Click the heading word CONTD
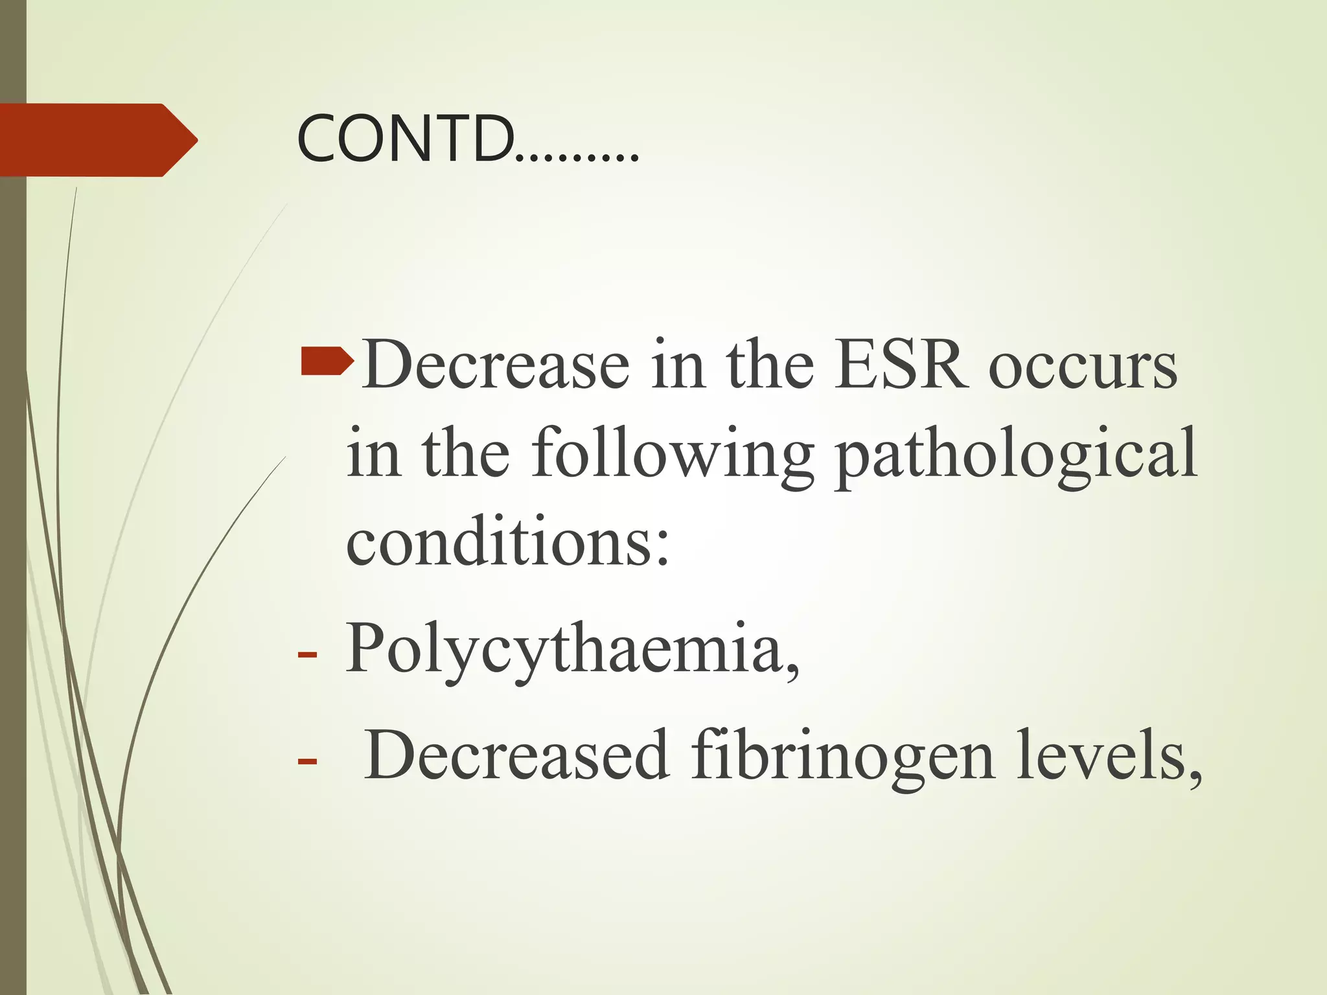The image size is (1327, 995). [405, 139]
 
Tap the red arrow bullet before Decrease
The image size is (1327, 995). [327, 362]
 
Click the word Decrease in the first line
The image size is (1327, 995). [496, 364]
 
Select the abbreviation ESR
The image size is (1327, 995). [901, 364]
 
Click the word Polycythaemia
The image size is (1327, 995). [564, 648]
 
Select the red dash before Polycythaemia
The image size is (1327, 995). [307, 654]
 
